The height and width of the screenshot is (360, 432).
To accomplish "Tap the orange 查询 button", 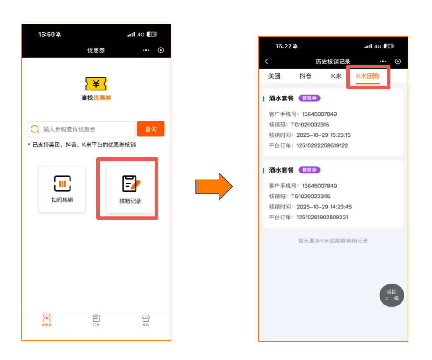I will coord(150,129).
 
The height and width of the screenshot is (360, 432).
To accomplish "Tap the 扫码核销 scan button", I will coord(62,190).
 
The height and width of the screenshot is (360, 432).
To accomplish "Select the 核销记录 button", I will coord(130,190).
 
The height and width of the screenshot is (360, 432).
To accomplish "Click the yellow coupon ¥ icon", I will coord(96,84).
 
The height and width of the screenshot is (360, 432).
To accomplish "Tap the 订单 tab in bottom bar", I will coord(96,320).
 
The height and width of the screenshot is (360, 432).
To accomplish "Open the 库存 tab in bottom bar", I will coord(146,320).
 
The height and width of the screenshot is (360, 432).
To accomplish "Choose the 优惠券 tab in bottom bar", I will coord(46,320).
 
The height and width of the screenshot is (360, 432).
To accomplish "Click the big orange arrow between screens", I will coord(214,187).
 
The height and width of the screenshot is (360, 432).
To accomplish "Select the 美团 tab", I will coord(274,76).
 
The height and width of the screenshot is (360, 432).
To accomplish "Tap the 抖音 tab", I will coord(305,76).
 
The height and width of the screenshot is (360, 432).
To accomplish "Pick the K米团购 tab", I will coord(367,76).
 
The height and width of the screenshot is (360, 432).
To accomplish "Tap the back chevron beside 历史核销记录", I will coord(267,62).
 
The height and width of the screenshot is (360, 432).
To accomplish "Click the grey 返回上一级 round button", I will coord(391,295).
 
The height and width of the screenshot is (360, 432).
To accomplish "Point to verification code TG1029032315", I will coord(310,125).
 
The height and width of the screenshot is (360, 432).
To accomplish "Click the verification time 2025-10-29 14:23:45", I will coord(324,207).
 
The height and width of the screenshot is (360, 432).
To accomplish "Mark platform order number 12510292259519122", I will coord(322,145).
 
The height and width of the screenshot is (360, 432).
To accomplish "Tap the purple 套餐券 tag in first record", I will coord(309,98).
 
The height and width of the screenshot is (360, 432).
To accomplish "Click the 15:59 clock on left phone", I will coord(46,35).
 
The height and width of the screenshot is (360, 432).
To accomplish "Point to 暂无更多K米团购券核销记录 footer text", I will coord(333,241).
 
